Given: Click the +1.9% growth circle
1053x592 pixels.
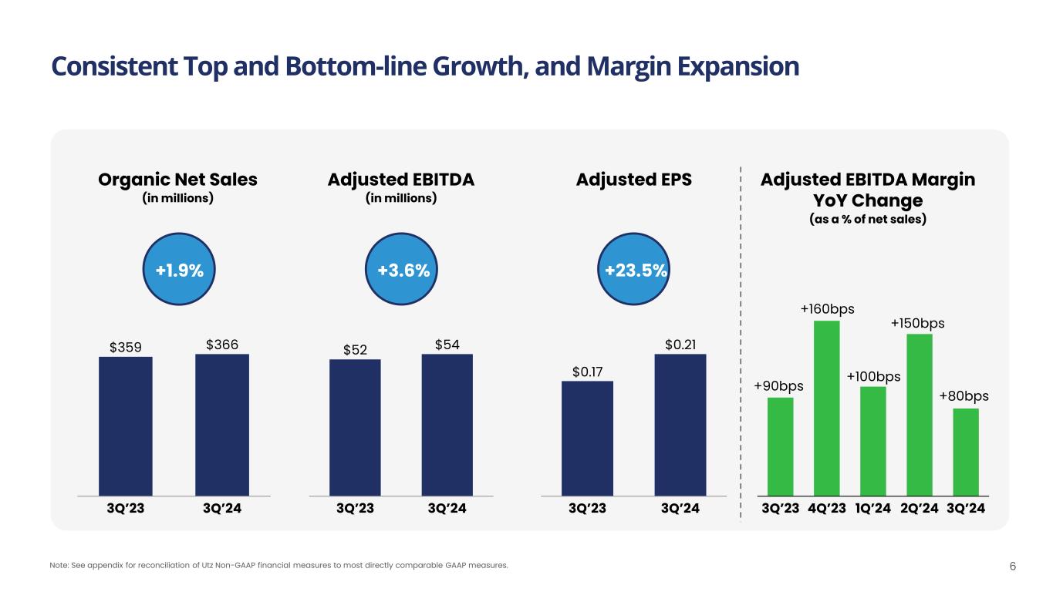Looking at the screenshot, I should (x=180, y=271).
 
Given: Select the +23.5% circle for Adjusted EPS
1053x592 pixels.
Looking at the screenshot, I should (x=636, y=271).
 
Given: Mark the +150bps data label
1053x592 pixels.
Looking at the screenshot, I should (x=918, y=323).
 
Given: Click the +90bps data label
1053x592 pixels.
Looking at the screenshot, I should (x=779, y=385).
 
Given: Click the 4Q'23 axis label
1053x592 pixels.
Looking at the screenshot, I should (x=827, y=509).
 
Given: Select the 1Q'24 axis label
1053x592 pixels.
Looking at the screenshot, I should (x=873, y=509).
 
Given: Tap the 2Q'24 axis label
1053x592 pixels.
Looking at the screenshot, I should (x=920, y=509).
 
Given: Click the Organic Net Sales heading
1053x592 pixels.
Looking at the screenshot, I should (x=178, y=180).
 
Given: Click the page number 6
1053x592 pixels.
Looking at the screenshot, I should (x=1013, y=567).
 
